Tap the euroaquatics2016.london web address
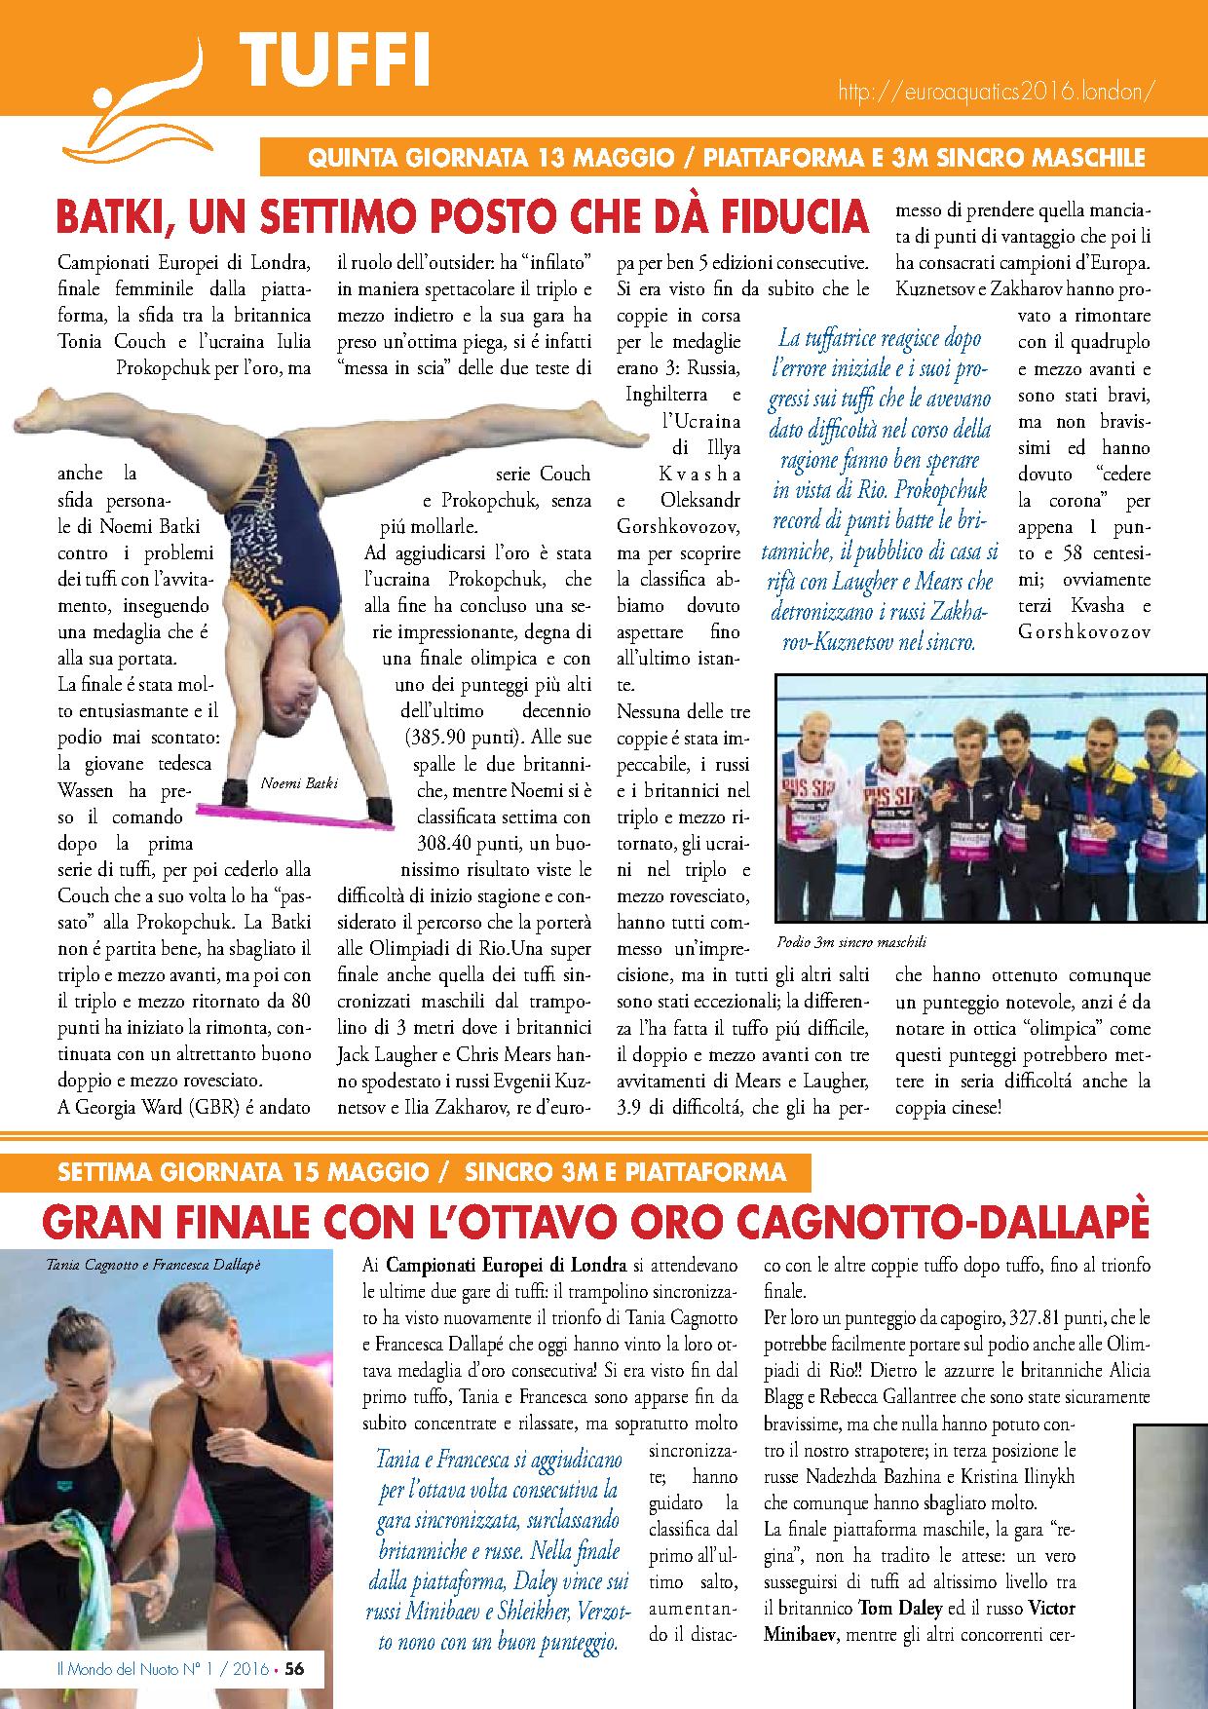(x=997, y=91)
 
